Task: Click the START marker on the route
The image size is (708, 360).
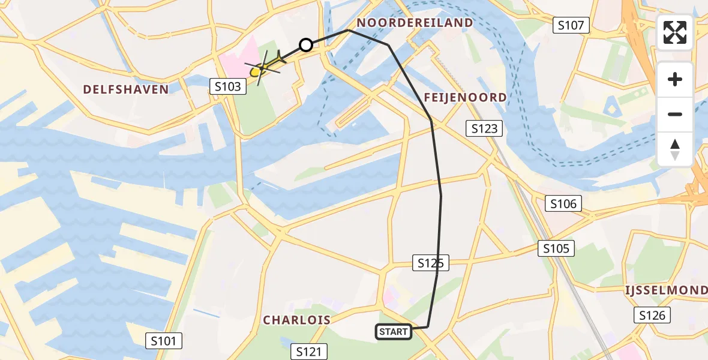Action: tap(394, 331)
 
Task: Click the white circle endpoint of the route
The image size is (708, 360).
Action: tap(306, 45)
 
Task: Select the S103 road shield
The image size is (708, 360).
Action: tap(229, 86)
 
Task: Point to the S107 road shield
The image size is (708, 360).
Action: tap(571, 25)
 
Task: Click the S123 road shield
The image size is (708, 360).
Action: tap(484, 128)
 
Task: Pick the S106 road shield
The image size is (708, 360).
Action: tap(564, 204)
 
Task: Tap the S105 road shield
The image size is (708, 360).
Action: tap(556, 248)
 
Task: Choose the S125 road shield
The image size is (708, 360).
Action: tap(431, 262)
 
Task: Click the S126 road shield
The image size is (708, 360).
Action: tap(653, 315)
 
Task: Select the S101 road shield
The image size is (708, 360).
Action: tap(164, 341)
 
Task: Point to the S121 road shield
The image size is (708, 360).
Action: tap(310, 352)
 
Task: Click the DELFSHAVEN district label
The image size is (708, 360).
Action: tap(126, 89)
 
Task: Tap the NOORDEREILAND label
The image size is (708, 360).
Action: tap(415, 23)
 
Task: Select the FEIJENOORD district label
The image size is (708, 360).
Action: tap(465, 97)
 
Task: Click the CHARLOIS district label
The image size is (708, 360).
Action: tap(297, 320)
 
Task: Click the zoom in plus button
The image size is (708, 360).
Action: tap(675, 79)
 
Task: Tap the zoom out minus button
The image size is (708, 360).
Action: tap(675, 114)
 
